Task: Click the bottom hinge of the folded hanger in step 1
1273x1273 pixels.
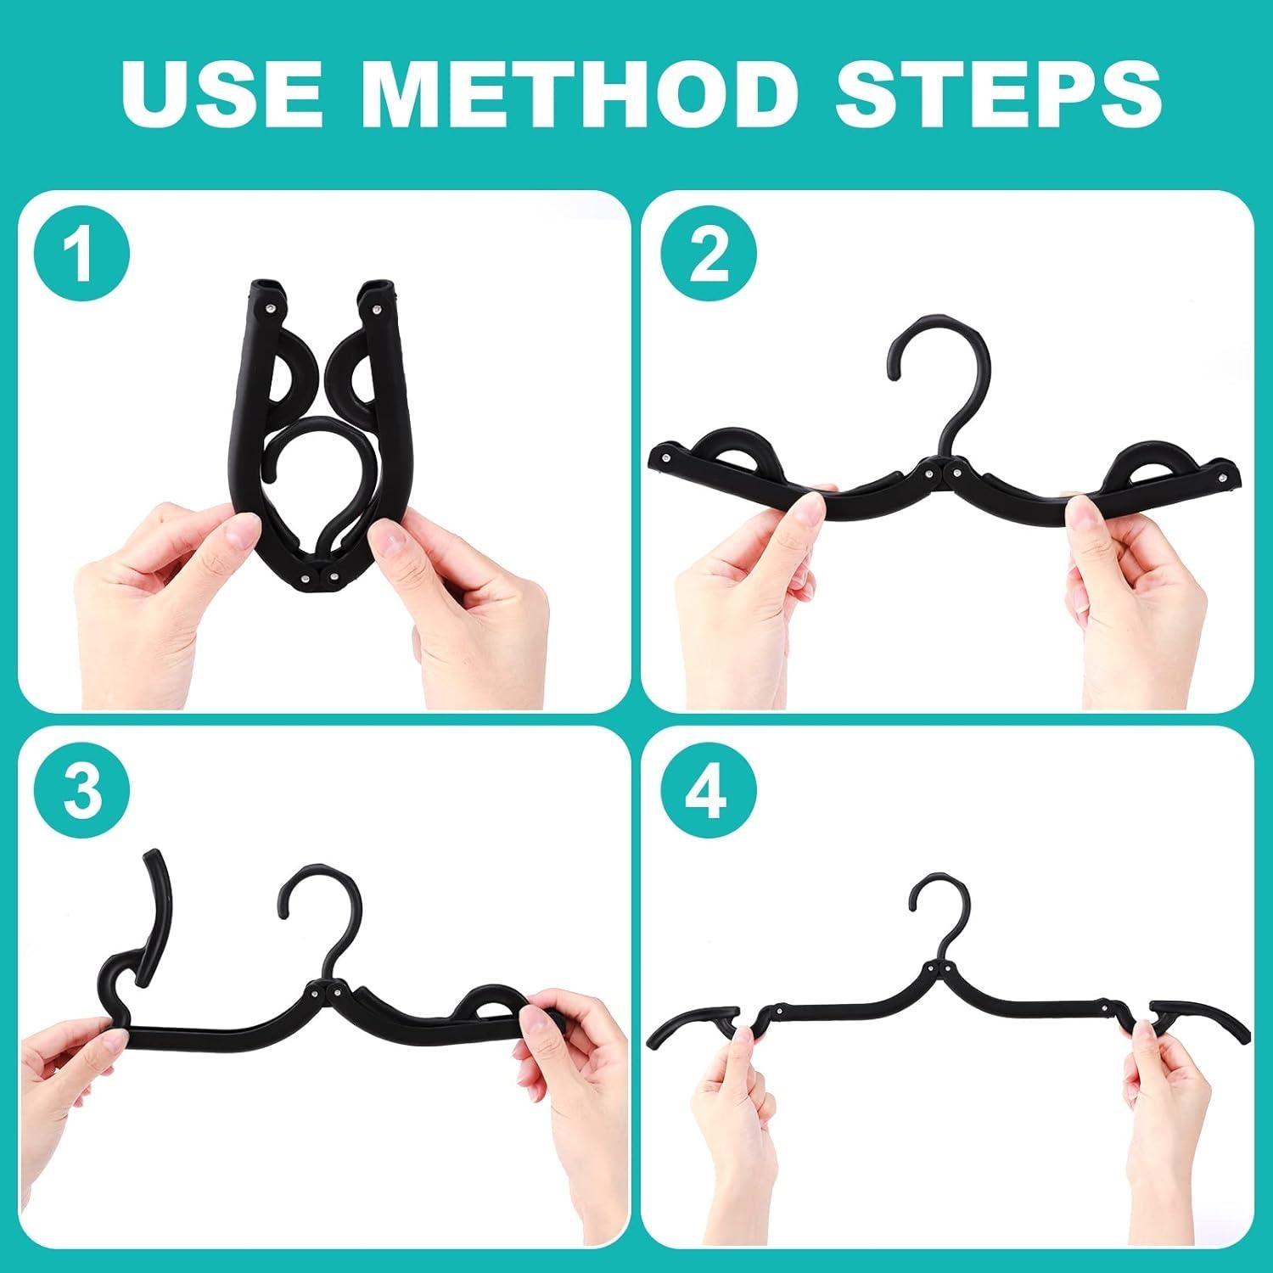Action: coord(318,577)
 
